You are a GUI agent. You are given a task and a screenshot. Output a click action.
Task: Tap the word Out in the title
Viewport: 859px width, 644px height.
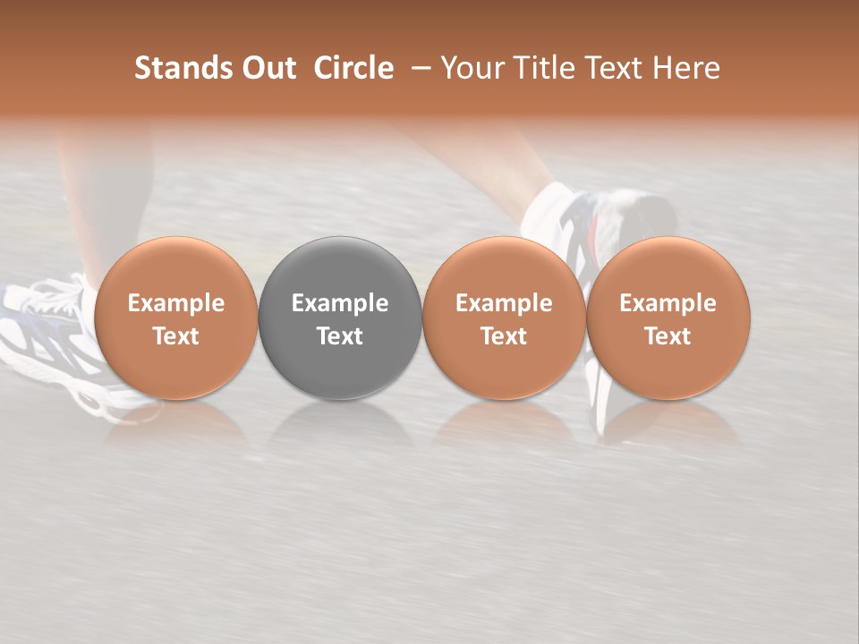click(267, 68)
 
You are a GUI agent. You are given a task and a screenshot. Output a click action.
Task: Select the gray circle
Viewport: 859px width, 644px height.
click(340, 277)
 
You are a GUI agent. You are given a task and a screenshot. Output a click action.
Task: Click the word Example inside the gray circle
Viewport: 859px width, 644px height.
click(340, 303)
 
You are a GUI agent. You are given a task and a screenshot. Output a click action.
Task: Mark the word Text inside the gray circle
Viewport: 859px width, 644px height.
click(340, 336)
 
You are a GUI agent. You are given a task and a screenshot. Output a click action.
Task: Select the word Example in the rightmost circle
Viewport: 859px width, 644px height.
click(668, 303)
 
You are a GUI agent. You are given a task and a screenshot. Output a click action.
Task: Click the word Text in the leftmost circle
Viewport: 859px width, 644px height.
click(176, 336)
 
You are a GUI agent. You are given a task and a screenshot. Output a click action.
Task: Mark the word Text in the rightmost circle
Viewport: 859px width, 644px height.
click(668, 336)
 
